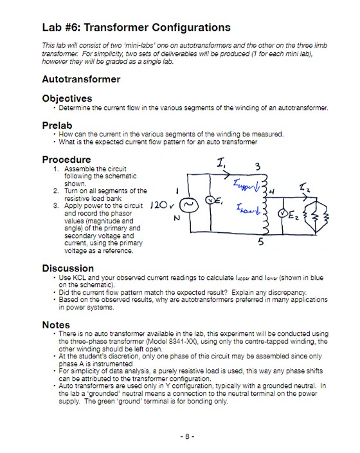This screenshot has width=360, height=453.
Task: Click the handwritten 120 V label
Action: pos(162,207)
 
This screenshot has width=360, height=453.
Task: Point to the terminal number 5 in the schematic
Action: pos(260,243)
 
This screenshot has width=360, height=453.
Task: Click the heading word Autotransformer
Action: pos(80,79)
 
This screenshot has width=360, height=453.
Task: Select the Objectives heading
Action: pos(67,98)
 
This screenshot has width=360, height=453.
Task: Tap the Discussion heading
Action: pos(67,268)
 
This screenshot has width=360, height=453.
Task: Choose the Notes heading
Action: pos(56,324)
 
